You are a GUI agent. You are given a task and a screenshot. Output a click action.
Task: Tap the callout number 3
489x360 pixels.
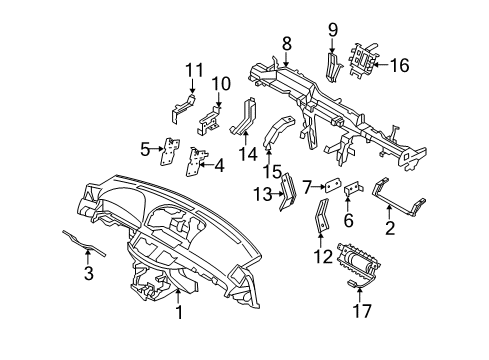pos(89,274)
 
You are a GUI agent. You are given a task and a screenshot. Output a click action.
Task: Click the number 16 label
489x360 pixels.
pos(400,66)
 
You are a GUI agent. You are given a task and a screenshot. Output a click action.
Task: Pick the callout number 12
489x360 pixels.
pos(321,257)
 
